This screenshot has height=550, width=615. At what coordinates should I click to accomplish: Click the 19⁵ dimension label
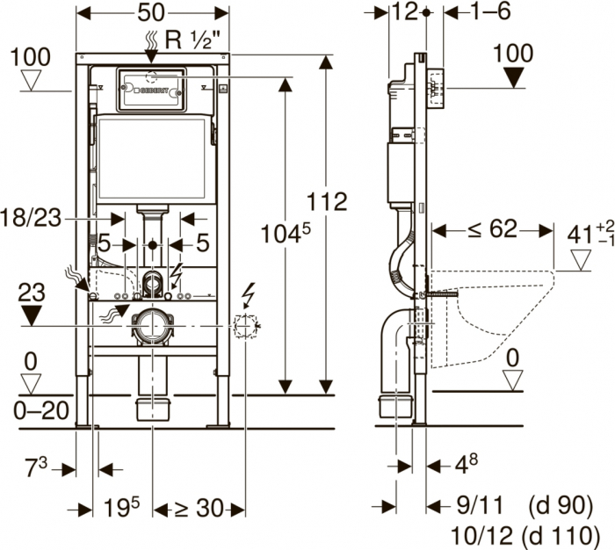pyautogui.click(x=121, y=507)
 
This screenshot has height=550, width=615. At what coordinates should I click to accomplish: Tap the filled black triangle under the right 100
pyautogui.click(x=513, y=78)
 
